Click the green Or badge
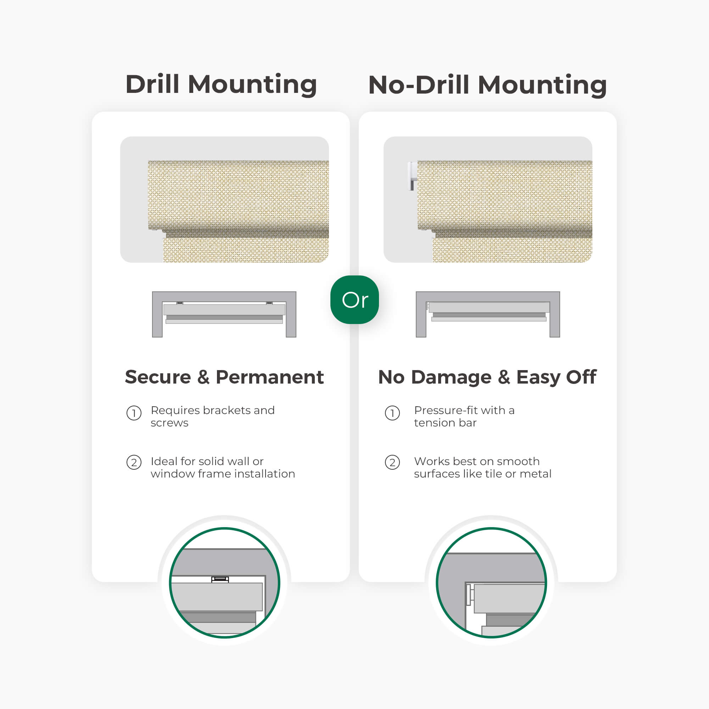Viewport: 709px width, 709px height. (x=354, y=300)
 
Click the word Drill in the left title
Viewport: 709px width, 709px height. (x=152, y=84)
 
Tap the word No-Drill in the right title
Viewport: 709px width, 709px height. (x=419, y=85)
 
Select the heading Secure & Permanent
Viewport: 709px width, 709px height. (x=224, y=377)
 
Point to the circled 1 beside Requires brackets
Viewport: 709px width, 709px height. (x=134, y=413)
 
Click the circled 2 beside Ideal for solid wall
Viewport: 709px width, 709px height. (x=134, y=462)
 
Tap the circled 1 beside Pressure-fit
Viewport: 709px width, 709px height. (x=392, y=413)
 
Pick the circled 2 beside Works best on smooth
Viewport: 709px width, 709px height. (x=392, y=462)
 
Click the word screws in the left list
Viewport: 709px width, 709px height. (x=169, y=423)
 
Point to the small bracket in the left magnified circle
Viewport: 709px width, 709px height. (x=220, y=579)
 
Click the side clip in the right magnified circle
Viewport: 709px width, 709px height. (x=470, y=594)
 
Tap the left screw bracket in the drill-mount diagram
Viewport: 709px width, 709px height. (x=180, y=303)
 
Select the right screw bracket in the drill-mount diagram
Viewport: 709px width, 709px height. (x=269, y=303)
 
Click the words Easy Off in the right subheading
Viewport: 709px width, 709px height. (x=556, y=378)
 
